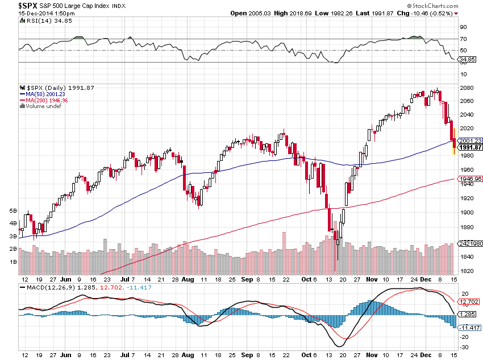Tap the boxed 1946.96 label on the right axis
click(470, 179)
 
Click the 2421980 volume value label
click(470, 243)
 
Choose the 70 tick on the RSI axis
click(463, 39)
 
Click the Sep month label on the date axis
click(247, 280)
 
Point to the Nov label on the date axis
click(372, 280)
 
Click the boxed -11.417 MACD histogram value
click(469, 328)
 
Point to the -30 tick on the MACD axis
click(464, 347)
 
